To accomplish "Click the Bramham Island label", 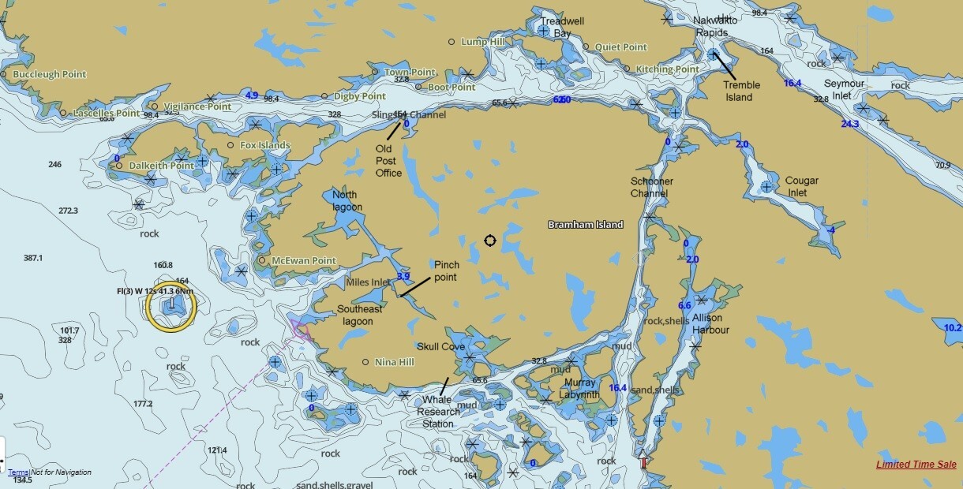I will tap(586, 225).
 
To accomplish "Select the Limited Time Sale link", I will tap(916, 465).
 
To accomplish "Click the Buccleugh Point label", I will tap(50, 74).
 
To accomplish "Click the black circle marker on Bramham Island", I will tap(489, 241).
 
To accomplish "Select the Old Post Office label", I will tap(388, 161).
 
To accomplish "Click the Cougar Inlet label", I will tap(802, 186).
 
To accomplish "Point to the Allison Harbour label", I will tap(710, 324).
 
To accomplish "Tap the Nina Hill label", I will tap(395, 362).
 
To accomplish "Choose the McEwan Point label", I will tap(303, 260).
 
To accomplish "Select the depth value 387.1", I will tap(33, 258).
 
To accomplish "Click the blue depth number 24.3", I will tap(849, 124).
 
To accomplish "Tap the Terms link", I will tap(18, 472).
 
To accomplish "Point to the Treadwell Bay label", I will tap(561, 28).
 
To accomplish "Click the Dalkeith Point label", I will tap(161, 166).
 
